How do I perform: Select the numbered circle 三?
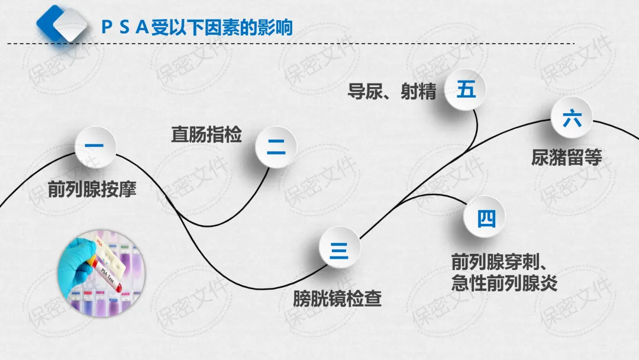tap(339, 249)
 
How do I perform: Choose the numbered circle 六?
tap(572, 120)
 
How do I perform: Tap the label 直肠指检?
tap(206, 134)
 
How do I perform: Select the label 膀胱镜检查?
tap(337, 298)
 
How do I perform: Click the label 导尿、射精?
tap(392, 92)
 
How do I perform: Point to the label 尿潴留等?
tap(566, 158)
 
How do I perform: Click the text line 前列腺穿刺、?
tap(502, 261)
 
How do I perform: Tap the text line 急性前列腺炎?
tap(504, 282)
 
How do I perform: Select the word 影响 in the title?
tap(277, 27)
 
